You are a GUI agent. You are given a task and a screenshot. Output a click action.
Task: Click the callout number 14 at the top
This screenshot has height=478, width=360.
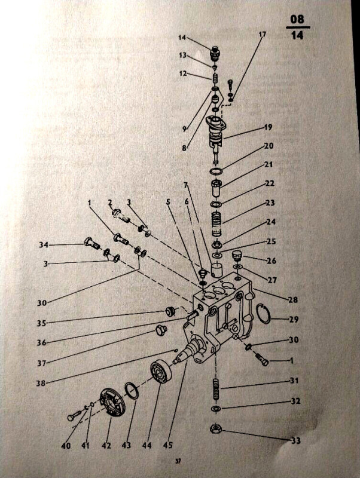(182, 38)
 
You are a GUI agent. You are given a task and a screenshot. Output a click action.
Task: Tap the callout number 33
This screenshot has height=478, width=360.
(295, 440)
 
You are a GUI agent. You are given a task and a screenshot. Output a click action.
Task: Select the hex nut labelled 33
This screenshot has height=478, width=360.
(216, 429)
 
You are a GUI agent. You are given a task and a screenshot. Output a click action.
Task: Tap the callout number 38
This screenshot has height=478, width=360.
(41, 383)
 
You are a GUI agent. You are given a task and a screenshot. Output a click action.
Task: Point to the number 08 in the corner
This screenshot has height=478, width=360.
(297, 19)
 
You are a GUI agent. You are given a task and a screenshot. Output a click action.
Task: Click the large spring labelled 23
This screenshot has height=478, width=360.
(216, 225)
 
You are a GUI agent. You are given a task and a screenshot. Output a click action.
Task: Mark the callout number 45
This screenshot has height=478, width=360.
(168, 445)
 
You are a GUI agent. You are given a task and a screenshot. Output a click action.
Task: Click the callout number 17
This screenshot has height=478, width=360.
(263, 34)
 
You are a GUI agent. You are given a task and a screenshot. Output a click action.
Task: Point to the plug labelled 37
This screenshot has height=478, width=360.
(160, 330)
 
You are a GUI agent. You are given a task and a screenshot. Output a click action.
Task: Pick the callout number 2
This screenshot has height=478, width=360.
(110, 202)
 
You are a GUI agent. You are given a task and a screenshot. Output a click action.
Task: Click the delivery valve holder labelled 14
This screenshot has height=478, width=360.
(215, 54)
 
